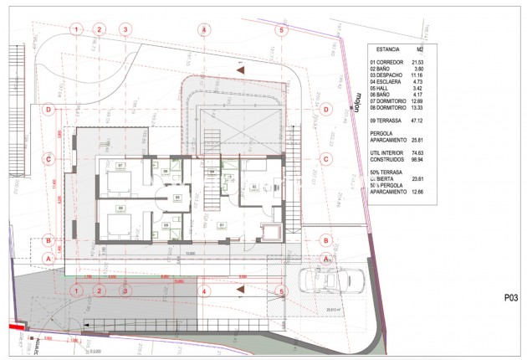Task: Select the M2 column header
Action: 420,49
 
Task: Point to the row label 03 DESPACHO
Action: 388,76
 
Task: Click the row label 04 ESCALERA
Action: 388,82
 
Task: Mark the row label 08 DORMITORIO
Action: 389,107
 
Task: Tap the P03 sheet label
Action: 512,297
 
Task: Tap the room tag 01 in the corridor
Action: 222,224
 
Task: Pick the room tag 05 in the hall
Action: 177,198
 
